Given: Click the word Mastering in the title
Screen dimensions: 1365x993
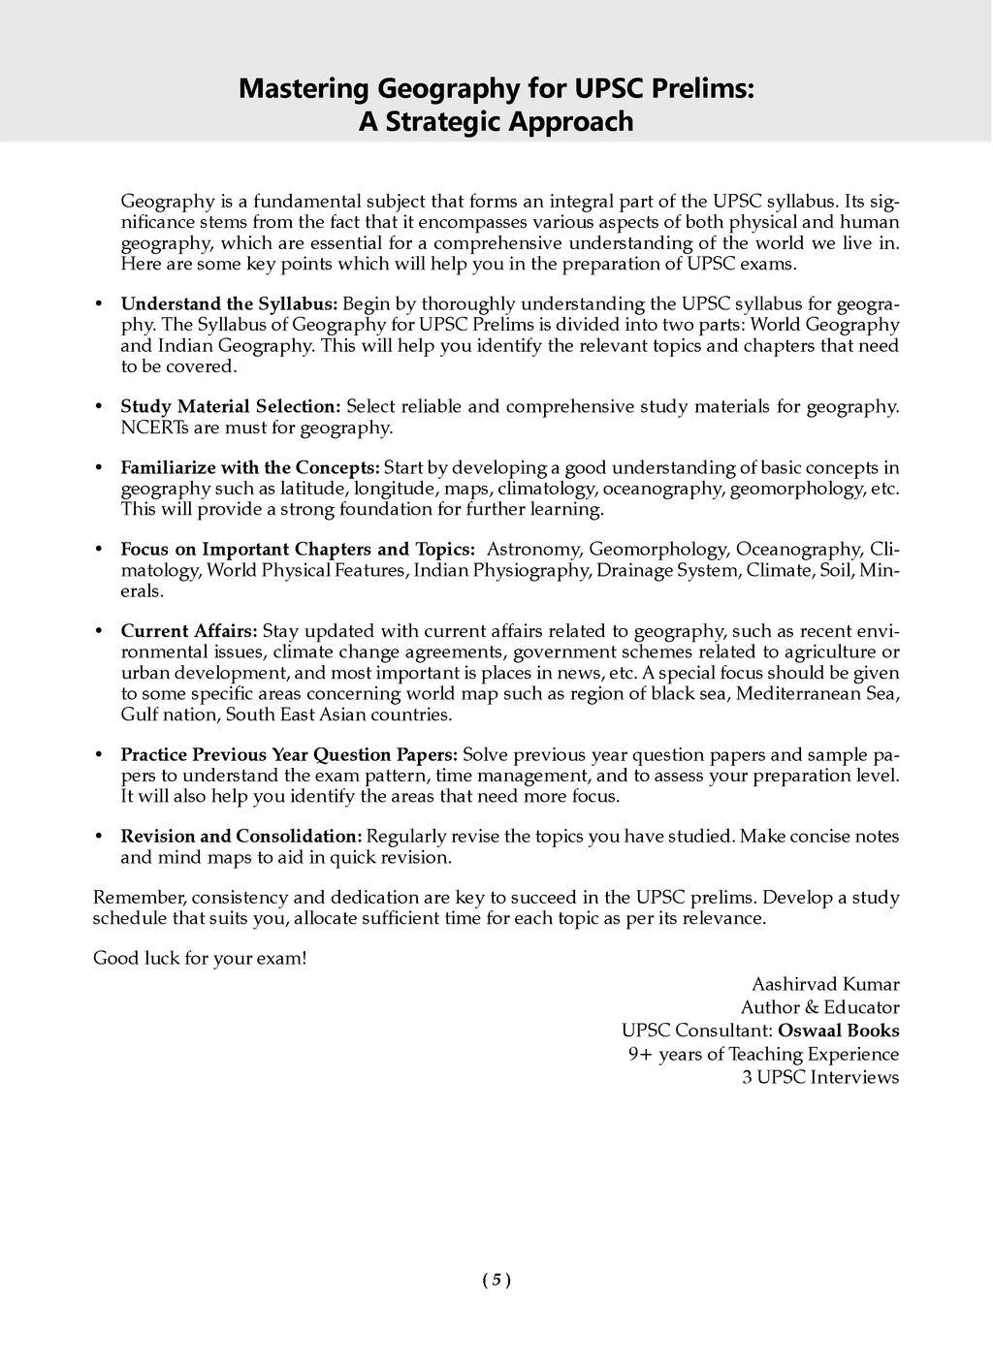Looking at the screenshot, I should click(304, 89).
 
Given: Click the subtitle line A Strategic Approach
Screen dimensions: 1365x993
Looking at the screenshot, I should click(496, 122).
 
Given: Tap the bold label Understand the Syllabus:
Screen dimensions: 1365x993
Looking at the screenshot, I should click(229, 304).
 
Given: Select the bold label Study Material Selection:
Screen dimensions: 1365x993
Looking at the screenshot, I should click(231, 406).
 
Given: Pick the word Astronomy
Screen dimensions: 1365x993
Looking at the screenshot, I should click(533, 550).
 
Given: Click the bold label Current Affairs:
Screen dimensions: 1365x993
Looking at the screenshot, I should click(189, 631).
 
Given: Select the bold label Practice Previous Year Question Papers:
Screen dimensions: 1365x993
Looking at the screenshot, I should click(289, 754).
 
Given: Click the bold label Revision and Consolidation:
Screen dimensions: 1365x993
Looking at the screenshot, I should click(241, 836).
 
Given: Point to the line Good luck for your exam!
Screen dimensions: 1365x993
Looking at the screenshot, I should click(200, 959).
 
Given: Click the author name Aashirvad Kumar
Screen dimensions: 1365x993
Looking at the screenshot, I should click(825, 984).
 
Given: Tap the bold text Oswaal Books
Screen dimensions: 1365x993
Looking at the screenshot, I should click(839, 1031).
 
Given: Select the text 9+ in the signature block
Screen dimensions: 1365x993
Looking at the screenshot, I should click(640, 1054).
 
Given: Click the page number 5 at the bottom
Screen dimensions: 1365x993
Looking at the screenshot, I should click(496, 1280).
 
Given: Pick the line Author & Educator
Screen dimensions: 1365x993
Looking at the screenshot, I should click(819, 1007).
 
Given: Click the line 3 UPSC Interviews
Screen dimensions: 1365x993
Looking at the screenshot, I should click(820, 1077).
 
